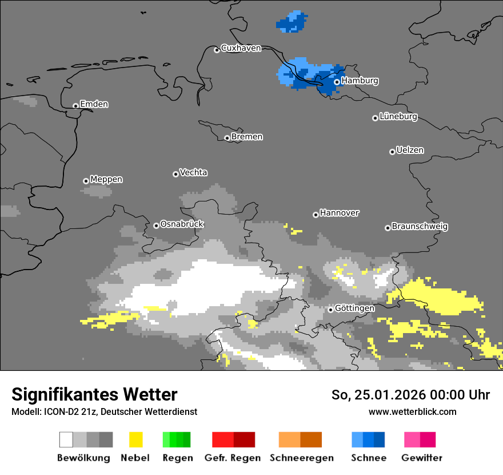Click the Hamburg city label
pos(360,81)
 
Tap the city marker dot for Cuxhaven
pos(217,50)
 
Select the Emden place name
pos(94,104)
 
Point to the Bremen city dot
pos(227,138)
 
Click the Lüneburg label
pos(398,117)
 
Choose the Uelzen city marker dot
pos(392,152)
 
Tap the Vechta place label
pos(193,172)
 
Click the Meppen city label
pos(106,180)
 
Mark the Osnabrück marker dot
pos(156,225)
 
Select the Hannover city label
pos(339,213)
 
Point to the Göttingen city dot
pos(330,310)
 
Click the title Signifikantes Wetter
pos(94,394)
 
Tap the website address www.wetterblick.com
pos(412,411)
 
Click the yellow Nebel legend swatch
pos(135,440)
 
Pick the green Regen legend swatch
pos(177,440)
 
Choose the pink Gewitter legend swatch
pos(420,440)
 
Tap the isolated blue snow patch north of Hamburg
pos(292,22)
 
